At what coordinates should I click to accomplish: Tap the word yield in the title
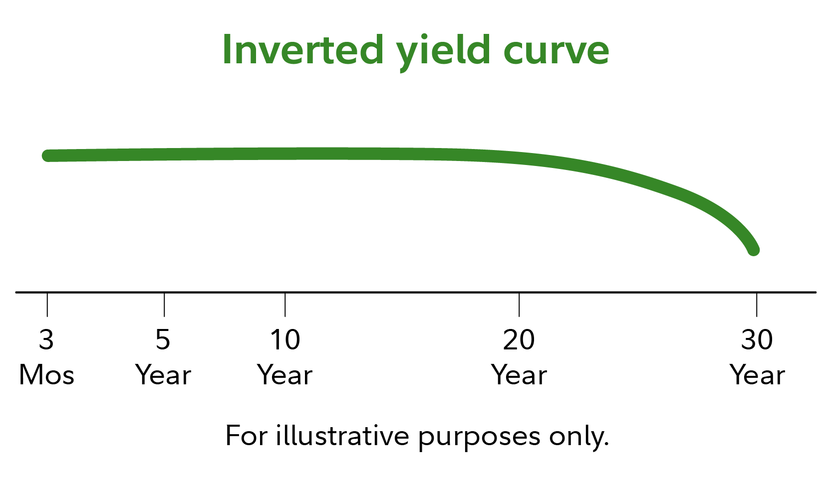(x=443, y=52)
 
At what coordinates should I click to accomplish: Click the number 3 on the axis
(x=46, y=339)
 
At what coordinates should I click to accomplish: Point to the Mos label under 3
(x=46, y=375)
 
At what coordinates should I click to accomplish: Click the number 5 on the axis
(x=163, y=339)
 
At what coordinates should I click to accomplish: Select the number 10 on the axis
(x=285, y=339)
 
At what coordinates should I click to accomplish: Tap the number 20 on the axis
(x=519, y=339)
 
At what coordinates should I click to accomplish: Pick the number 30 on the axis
(x=757, y=339)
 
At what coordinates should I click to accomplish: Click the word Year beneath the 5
(x=163, y=375)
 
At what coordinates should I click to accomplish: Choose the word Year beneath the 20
(x=519, y=375)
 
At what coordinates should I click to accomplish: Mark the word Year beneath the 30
(x=757, y=375)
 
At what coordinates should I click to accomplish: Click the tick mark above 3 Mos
(x=47, y=305)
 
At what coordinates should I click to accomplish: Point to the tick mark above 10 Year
(x=285, y=305)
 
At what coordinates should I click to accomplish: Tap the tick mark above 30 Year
(x=757, y=305)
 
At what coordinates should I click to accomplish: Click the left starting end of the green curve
(x=48, y=156)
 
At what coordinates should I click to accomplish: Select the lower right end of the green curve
(x=753, y=250)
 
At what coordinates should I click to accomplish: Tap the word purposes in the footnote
(x=479, y=438)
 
